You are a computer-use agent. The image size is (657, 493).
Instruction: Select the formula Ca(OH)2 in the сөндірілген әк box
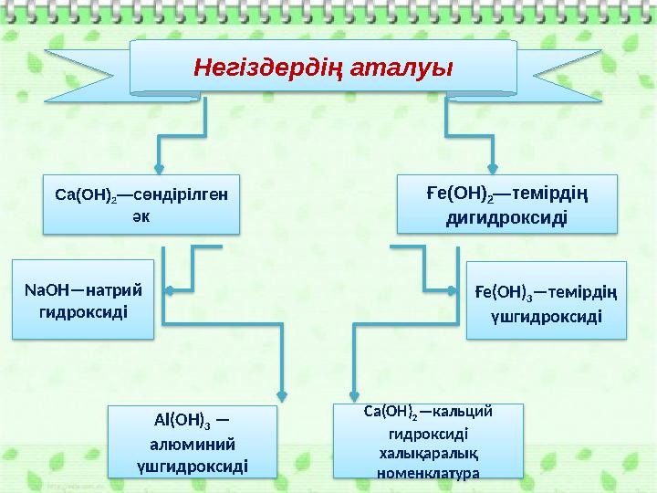coord(85,194)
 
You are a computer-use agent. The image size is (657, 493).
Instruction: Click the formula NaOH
coord(42,291)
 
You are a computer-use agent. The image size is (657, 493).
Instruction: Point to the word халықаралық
coord(429,453)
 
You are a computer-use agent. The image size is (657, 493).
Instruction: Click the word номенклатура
coord(429,472)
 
